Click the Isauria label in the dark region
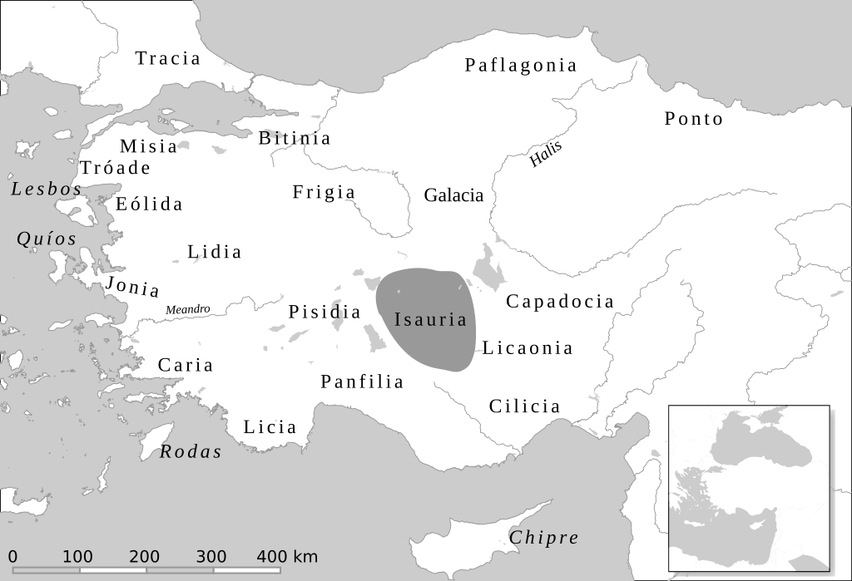(x=430, y=319)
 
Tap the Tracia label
(x=168, y=58)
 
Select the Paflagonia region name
(x=521, y=65)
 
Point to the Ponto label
(x=694, y=119)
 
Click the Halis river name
(x=546, y=155)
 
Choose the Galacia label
(x=453, y=195)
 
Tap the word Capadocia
(x=560, y=301)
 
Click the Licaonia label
(x=528, y=348)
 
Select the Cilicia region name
(x=524, y=406)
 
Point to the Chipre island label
(x=543, y=538)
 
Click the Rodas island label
(x=191, y=452)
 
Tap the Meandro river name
(x=188, y=310)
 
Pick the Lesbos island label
(x=47, y=190)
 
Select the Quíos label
(x=47, y=239)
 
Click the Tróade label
(x=115, y=168)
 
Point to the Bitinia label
(x=295, y=138)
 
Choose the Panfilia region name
(x=362, y=382)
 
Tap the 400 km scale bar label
(x=287, y=557)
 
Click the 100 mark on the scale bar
(x=78, y=557)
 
